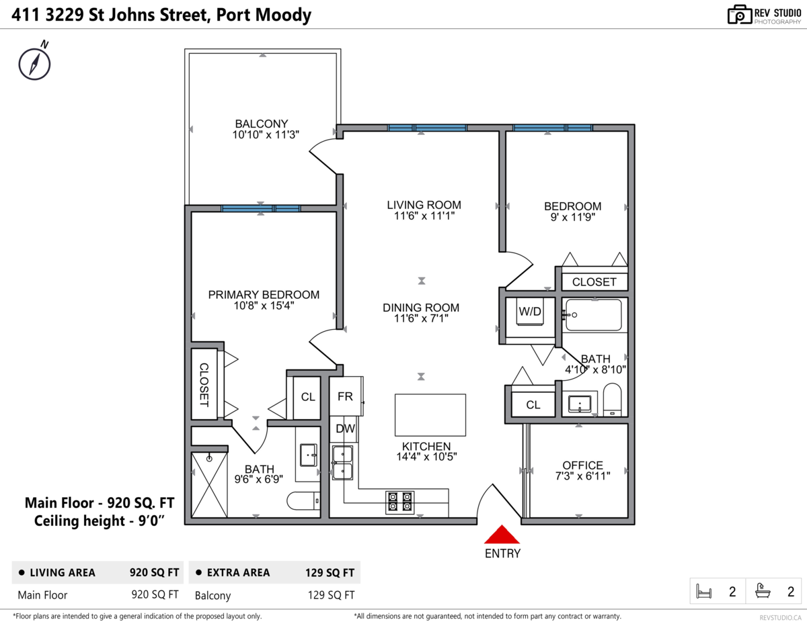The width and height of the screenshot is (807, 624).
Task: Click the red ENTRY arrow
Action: (502, 535)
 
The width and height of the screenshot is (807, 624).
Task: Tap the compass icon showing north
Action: (34, 62)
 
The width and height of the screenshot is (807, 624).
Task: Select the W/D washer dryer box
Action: (530, 312)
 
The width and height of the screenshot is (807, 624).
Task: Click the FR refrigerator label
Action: (345, 396)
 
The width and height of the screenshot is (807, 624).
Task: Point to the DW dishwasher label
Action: (345, 429)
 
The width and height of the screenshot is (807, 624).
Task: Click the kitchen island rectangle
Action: (430, 414)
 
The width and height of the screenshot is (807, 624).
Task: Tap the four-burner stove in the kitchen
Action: (399, 502)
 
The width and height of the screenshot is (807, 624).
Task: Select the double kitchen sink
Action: (343, 463)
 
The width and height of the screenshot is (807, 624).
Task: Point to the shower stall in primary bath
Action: (210, 484)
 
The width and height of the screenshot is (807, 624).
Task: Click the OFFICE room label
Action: (582, 465)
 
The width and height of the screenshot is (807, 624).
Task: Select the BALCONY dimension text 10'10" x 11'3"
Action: (266, 134)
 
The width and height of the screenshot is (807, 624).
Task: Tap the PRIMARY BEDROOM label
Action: (264, 295)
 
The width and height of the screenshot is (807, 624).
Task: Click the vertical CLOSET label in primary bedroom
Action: (204, 384)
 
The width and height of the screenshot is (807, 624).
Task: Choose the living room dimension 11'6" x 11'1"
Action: (424, 216)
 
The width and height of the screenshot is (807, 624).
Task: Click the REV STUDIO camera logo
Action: (739, 15)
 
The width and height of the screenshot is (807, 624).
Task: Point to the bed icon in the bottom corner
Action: (704, 591)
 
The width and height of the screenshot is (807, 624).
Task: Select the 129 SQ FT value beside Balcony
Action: (330, 595)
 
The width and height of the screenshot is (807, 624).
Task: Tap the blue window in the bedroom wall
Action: (552, 128)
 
